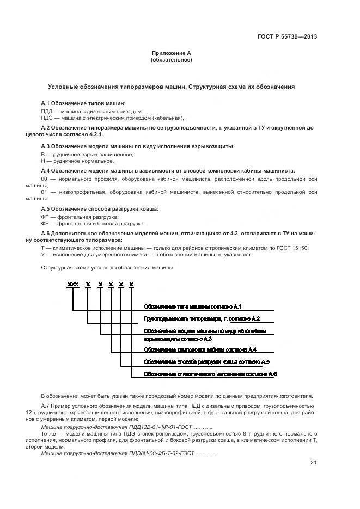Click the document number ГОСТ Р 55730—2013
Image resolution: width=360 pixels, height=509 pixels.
click(287, 37)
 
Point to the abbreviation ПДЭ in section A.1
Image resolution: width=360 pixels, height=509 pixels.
click(46, 118)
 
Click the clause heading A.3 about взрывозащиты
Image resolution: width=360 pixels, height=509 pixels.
click(138, 146)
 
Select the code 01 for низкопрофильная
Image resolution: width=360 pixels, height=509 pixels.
click(45, 192)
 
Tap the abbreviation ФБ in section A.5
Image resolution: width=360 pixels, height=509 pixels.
click(45, 223)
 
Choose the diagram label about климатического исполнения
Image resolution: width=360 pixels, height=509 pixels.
click(210, 375)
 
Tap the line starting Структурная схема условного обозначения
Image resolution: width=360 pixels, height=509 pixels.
click(108, 268)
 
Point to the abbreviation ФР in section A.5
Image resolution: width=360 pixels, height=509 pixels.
click(45, 217)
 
